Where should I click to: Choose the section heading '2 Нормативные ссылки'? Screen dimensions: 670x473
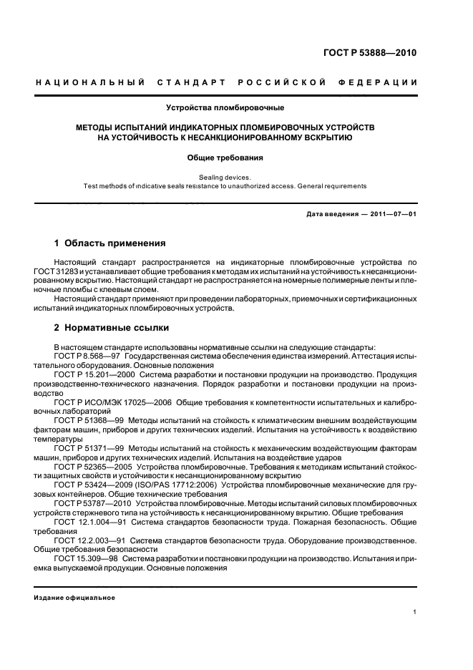click(112, 328)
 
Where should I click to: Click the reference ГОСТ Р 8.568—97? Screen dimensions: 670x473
click(87, 356)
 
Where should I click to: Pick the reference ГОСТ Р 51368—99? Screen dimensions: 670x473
click(87, 421)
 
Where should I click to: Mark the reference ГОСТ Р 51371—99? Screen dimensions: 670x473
click(87, 448)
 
